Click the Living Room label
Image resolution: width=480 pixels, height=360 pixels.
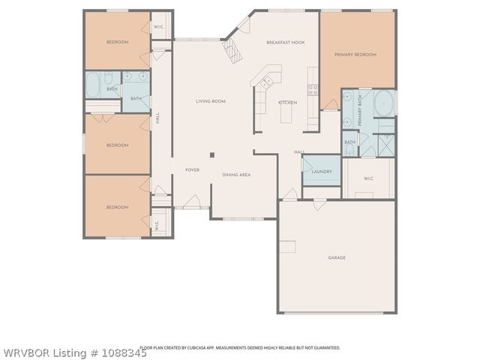pos(211,101)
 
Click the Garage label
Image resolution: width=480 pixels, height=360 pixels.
pos(337,257)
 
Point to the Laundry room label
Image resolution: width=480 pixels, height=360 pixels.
pos(322,172)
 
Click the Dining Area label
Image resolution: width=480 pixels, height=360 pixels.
pos(236,174)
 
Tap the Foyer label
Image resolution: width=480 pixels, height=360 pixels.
pos(192,170)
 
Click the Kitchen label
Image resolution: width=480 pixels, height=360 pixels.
pos(288,102)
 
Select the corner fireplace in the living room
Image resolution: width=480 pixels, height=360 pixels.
pos(233,50)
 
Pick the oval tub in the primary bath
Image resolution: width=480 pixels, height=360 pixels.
pos(383,101)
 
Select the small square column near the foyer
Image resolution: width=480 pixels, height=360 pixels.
pos(213,155)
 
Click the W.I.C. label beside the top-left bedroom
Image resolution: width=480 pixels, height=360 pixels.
pos(160,28)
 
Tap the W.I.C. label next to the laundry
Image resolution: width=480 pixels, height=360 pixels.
pos(368,178)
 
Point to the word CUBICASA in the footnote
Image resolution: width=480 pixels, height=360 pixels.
pos(211,348)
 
